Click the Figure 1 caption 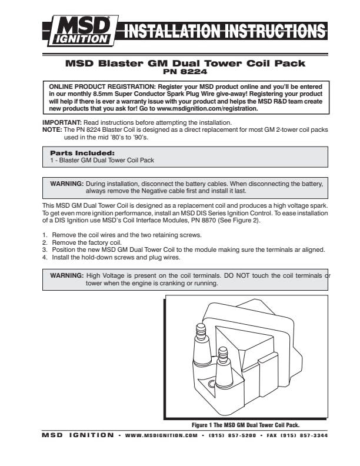click(250, 424)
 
